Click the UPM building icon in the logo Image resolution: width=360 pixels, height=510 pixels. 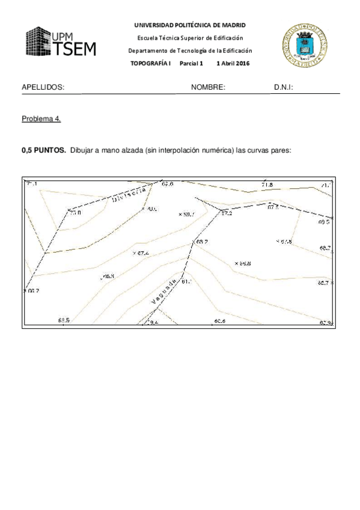coord(38,41)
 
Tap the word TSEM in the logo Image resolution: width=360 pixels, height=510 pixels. coord(75,49)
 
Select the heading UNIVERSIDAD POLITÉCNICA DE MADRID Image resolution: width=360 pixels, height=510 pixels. coord(190,25)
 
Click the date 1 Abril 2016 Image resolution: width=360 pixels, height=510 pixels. coord(233,64)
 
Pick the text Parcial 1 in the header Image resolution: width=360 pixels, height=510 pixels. coord(192,64)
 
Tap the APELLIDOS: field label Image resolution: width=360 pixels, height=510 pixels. coord(43,87)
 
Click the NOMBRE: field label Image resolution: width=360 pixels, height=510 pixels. coord(208,87)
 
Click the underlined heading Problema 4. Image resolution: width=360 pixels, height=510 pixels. coord(41,118)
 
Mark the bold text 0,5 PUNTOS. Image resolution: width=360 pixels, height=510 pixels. coord(44,151)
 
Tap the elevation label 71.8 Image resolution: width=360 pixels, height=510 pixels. coord(267,185)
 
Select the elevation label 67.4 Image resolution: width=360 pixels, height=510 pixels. coord(142,253)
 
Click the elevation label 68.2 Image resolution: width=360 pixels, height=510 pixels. coord(202,242)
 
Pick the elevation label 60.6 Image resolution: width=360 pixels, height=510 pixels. coord(219,321)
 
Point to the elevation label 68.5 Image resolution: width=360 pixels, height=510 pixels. coord(64,320)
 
